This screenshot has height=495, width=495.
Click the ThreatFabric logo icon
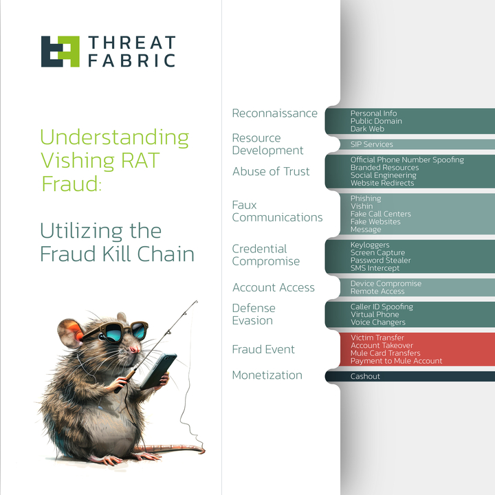tap(60, 52)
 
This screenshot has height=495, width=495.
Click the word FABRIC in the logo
tap(131, 60)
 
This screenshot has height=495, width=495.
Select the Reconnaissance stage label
tap(274, 113)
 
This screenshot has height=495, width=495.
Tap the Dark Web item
tap(366, 129)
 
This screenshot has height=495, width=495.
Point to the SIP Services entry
tap(371, 144)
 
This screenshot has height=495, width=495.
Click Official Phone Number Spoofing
tap(407, 160)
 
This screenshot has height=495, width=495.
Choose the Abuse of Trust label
tap(271, 171)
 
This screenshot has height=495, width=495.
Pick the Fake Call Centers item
tap(380, 214)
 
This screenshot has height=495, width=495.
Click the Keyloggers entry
tap(370, 245)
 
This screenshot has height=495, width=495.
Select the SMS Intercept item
tap(375, 268)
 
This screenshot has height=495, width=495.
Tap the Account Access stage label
tap(273, 287)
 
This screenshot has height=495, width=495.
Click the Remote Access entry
tap(377, 291)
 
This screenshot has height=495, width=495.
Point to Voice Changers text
tap(377, 322)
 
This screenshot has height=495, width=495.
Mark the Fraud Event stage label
tap(263, 349)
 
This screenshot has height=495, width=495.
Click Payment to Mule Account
tap(396, 361)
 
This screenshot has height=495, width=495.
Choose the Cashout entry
tap(365, 377)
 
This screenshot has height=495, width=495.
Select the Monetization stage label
tap(267, 375)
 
